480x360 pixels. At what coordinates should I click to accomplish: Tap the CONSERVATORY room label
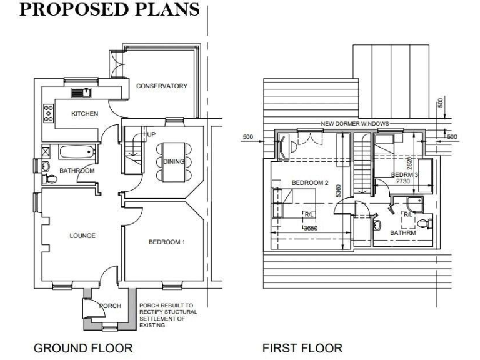tap(162, 86)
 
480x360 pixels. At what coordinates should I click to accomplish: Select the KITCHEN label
tap(84, 114)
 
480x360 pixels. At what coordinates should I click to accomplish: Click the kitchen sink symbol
tap(81, 93)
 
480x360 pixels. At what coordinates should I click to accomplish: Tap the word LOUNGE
tap(82, 236)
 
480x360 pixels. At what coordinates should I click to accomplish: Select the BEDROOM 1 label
tap(167, 242)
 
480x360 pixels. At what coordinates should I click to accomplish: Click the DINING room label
tap(174, 161)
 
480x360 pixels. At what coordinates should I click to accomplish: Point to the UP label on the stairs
tap(151, 134)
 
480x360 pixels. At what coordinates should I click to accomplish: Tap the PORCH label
tap(109, 306)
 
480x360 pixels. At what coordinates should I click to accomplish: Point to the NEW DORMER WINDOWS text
tap(354, 124)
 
